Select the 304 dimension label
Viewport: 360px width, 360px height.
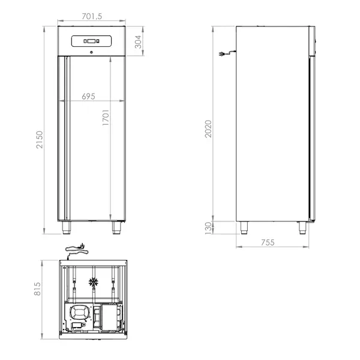[138, 41]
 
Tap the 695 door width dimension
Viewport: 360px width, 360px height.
[91, 96]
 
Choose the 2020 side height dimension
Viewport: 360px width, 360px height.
[208, 128]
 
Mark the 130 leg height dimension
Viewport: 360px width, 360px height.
[208, 228]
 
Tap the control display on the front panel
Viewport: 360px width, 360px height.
[90, 41]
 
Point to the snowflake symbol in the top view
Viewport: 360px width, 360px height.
[93, 281]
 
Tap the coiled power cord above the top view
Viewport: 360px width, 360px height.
[74, 247]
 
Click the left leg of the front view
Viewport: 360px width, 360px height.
[66, 227]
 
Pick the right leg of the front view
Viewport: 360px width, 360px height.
[115, 227]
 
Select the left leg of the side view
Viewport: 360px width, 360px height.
[243, 227]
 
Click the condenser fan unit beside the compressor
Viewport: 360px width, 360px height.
[111, 316]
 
